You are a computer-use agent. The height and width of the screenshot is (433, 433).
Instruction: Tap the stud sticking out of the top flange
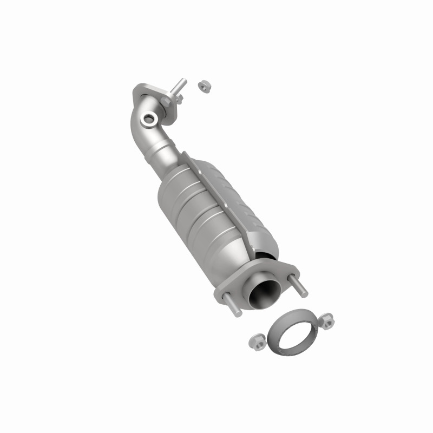[180, 86]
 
